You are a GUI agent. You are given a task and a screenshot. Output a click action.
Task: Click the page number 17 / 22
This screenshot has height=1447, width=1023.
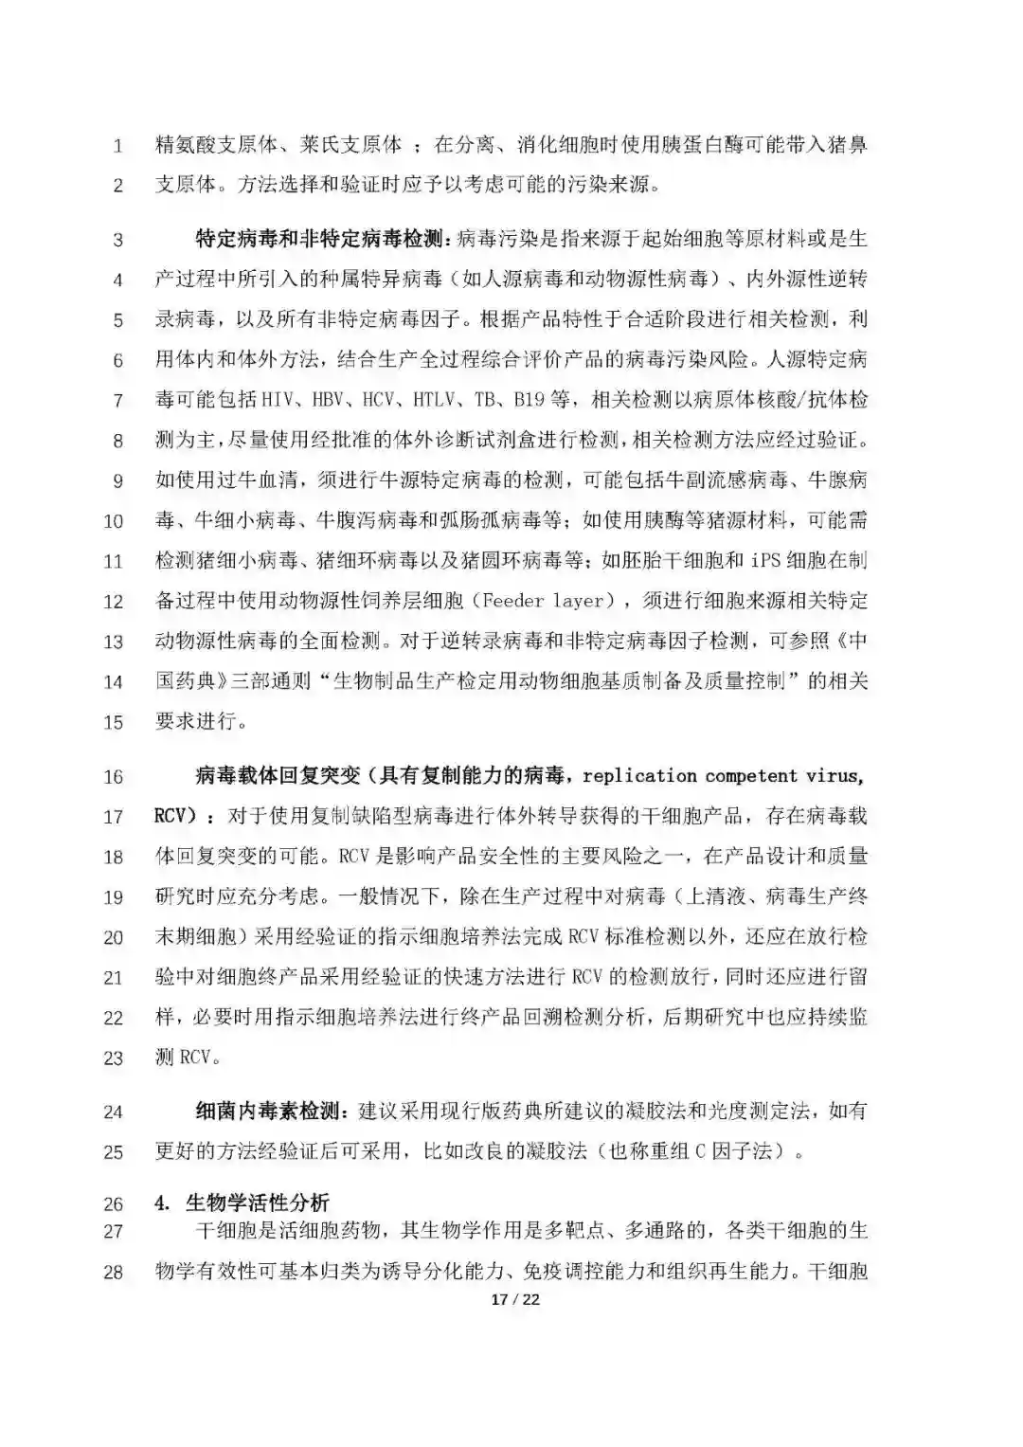515,1299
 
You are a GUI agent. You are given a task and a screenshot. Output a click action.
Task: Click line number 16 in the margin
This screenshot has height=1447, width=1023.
114,777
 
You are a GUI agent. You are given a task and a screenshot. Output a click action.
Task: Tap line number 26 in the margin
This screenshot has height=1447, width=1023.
114,1204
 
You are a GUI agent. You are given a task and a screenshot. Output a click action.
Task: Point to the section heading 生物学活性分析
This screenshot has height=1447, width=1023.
257,1203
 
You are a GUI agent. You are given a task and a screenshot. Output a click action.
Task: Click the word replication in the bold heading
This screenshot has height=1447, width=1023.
639,776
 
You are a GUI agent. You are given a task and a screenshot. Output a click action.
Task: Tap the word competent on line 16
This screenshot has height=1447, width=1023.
752,776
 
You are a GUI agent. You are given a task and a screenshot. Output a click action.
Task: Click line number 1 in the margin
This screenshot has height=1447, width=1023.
117,146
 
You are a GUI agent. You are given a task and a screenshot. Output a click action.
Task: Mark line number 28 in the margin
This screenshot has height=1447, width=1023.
114,1273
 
